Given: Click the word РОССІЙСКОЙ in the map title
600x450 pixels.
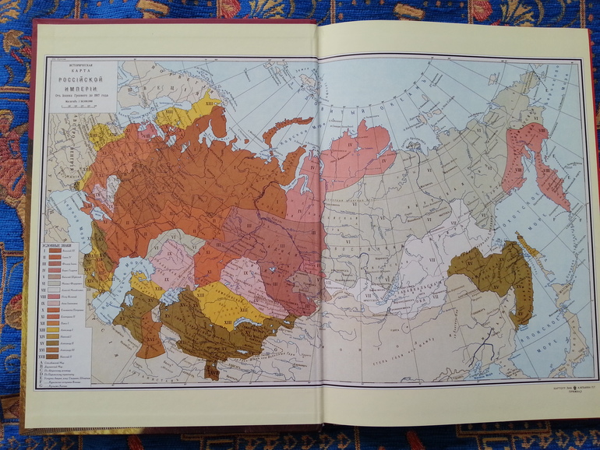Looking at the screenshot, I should point(83,78).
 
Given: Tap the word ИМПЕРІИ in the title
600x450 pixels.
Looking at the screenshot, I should point(83,87).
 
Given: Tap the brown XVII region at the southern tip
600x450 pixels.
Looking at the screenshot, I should point(211,370).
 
